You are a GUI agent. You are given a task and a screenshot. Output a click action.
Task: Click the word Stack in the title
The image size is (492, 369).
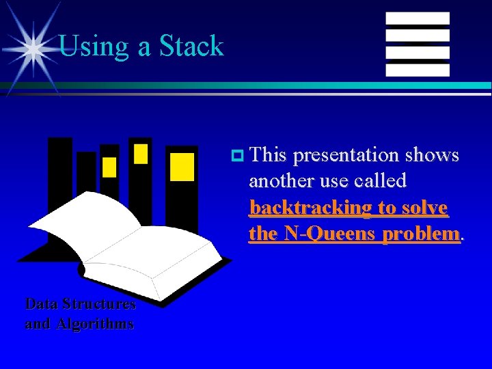coord(191,46)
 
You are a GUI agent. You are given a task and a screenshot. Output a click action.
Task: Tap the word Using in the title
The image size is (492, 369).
coord(85,46)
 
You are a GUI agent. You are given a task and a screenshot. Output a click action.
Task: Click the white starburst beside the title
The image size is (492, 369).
coord(30,48)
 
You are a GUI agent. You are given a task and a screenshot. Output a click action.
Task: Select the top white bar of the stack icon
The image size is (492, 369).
coord(418,18)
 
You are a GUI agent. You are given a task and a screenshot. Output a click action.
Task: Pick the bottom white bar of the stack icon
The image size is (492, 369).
coord(418,70)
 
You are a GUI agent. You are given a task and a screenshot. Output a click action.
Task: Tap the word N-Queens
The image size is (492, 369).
coord(326,233)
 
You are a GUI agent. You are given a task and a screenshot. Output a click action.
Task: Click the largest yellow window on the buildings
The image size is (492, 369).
coord(182,167)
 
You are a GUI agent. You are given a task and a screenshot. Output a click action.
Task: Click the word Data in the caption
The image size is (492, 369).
coord(40,304)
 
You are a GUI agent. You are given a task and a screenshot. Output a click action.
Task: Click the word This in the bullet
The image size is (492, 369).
coord(268,155)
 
